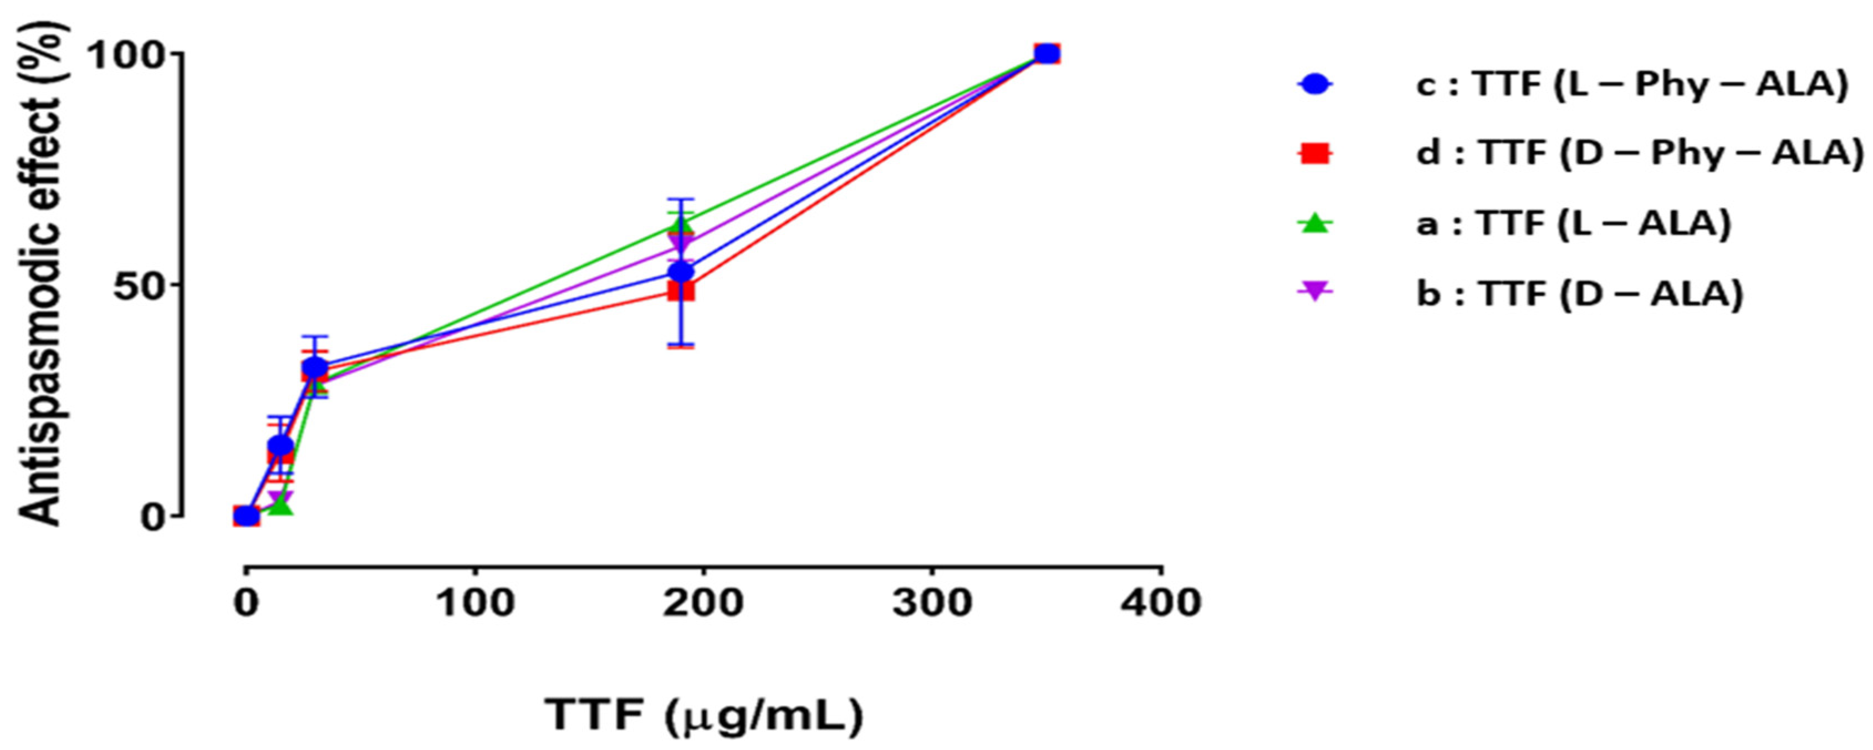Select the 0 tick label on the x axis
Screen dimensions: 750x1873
247,603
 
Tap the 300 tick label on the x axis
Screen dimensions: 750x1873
932,603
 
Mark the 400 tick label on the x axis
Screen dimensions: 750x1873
1161,603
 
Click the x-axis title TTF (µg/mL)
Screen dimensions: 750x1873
704,715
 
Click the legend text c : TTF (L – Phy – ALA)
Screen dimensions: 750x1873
1632,85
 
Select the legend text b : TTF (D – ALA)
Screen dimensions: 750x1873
1579,294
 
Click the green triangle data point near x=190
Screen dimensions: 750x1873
681,225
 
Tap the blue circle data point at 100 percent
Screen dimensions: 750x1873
1047,54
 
